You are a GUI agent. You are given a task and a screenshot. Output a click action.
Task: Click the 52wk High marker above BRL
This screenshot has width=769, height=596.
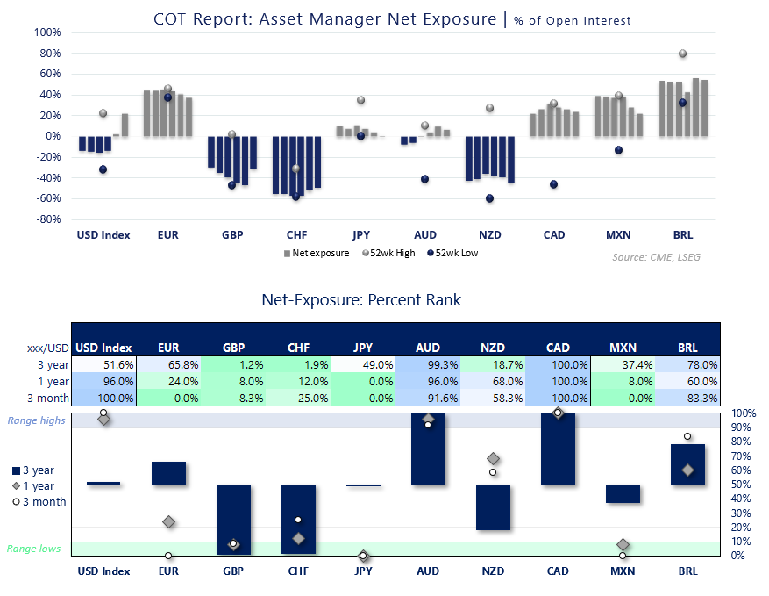(682, 54)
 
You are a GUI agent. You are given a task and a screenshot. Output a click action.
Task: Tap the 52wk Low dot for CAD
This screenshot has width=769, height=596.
(553, 184)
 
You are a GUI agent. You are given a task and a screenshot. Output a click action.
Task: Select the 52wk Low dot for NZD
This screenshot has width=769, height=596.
(489, 198)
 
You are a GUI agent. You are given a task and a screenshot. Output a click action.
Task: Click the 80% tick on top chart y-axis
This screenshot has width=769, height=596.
(46, 54)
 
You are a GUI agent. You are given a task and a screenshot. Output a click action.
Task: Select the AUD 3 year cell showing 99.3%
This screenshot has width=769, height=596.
(428, 364)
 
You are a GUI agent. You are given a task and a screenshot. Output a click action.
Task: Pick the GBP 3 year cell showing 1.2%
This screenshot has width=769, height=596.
(233, 364)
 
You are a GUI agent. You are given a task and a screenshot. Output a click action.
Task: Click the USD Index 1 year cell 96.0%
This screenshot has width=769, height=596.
(103, 381)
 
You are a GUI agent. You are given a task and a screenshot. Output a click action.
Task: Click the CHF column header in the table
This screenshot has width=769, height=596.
(298, 347)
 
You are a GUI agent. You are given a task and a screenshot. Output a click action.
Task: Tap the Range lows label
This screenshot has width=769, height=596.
(33, 549)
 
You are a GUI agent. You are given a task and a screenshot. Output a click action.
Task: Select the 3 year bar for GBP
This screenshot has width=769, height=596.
(233, 519)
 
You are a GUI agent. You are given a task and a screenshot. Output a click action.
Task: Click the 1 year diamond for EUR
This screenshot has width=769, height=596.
(168, 522)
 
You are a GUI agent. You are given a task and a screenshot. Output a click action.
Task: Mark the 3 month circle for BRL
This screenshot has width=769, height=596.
(687, 436)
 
